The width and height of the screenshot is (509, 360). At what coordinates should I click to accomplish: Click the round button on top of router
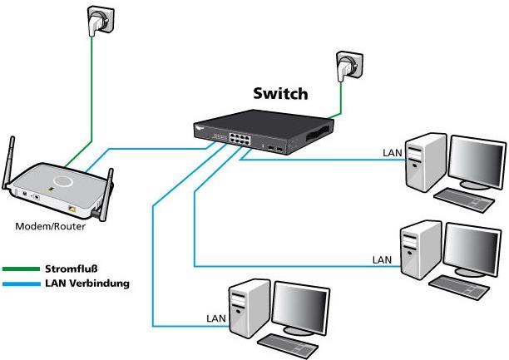pos(63,180)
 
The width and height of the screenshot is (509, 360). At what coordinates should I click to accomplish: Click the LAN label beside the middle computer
pos(381,259)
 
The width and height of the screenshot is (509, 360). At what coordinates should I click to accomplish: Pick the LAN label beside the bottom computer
pos(215,318)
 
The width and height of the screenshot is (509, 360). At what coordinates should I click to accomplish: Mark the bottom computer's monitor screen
pos(304,307)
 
